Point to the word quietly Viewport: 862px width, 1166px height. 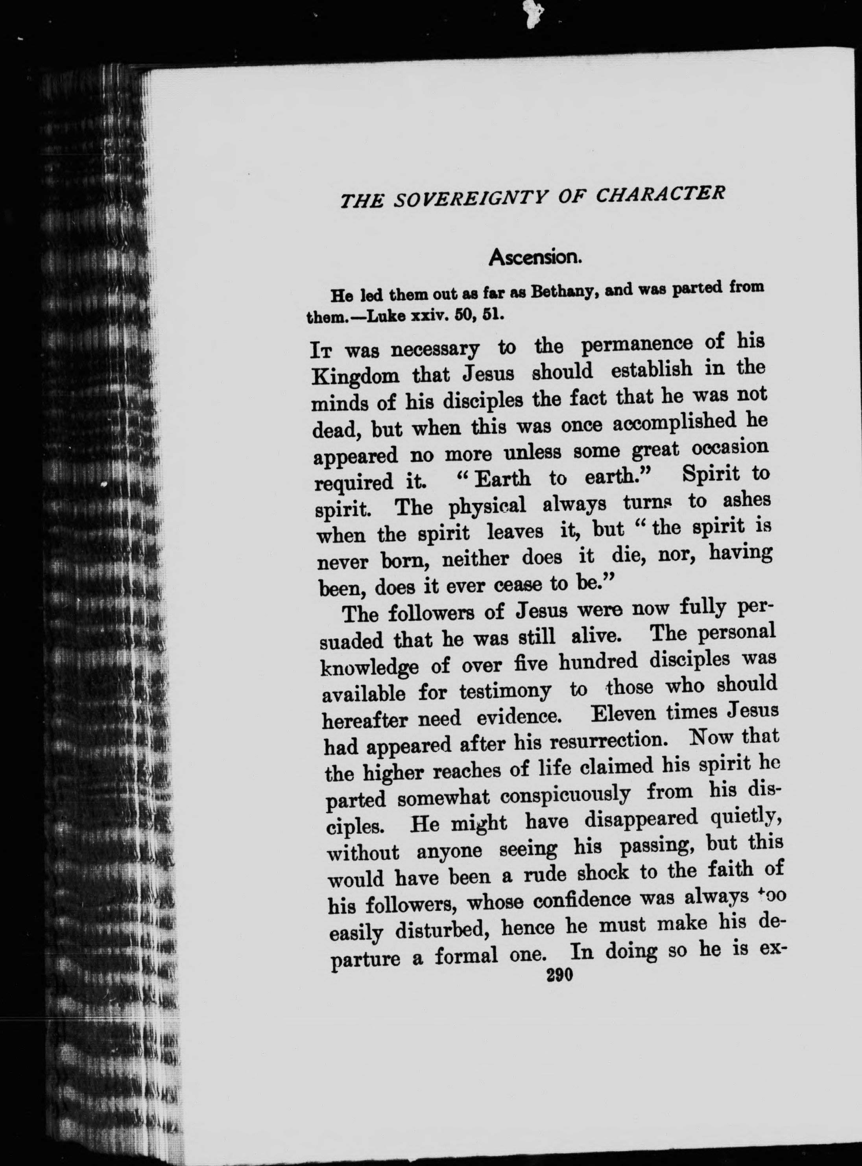744,821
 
